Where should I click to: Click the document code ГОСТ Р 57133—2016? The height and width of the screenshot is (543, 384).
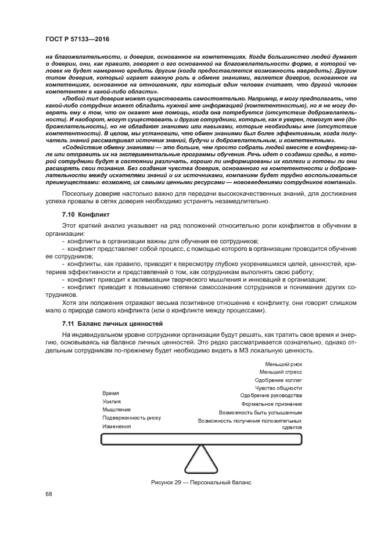(77, 39)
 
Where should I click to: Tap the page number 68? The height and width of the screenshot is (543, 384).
(48, 494)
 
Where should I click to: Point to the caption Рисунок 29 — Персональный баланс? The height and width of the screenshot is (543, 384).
(200, 481)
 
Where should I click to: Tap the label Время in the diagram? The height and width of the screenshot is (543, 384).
(111, 393)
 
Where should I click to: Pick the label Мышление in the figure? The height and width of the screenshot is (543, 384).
(116, 409)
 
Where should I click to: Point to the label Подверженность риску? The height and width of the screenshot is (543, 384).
(131, 418)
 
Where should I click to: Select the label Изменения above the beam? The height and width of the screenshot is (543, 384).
(117, 426)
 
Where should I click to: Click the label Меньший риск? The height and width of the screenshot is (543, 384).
(283, 364)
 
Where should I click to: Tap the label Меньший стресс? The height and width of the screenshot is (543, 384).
(280, 372)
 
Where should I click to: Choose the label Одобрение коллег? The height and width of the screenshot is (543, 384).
(278, 380)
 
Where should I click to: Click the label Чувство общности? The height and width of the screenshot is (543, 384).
(278, 388)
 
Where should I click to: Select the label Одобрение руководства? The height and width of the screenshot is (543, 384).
(271, 395)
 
